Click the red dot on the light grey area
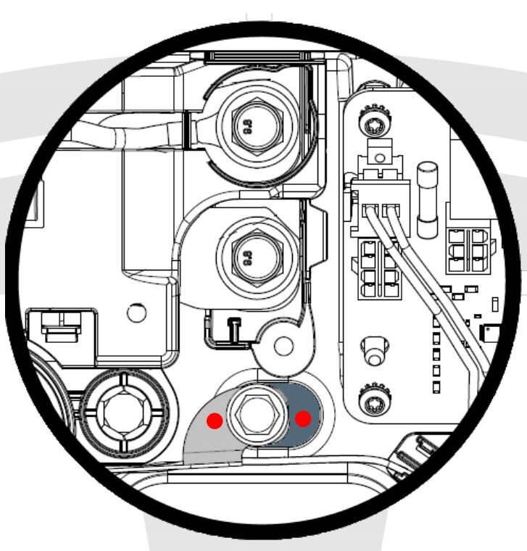pyautogui.click(x=215, y=420)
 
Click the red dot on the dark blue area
pyautogui.click(x=303, y=418)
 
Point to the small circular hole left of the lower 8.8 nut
pyautogui.click(x=136, y=313)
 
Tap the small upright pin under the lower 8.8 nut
pyautogui.click(x=234, y=328)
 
